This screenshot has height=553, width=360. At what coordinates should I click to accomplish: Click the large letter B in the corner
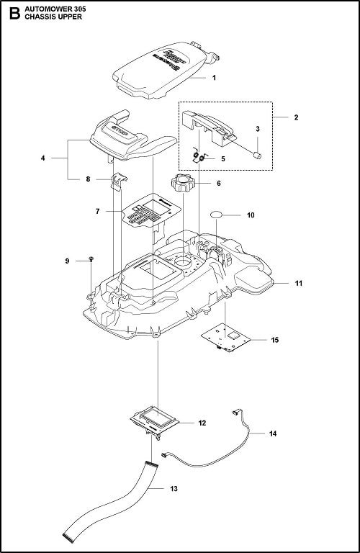12,13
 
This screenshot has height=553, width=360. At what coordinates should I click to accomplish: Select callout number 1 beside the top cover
214,77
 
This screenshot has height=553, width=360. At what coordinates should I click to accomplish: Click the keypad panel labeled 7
145,213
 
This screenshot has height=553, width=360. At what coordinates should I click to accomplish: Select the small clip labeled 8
118,180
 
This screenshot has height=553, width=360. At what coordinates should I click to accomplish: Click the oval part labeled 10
220,215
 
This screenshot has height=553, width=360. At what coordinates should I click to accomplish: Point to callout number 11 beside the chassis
298,284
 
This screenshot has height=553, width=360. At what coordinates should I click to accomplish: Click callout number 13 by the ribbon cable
174,489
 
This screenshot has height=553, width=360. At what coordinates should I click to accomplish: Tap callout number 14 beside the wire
272,434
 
